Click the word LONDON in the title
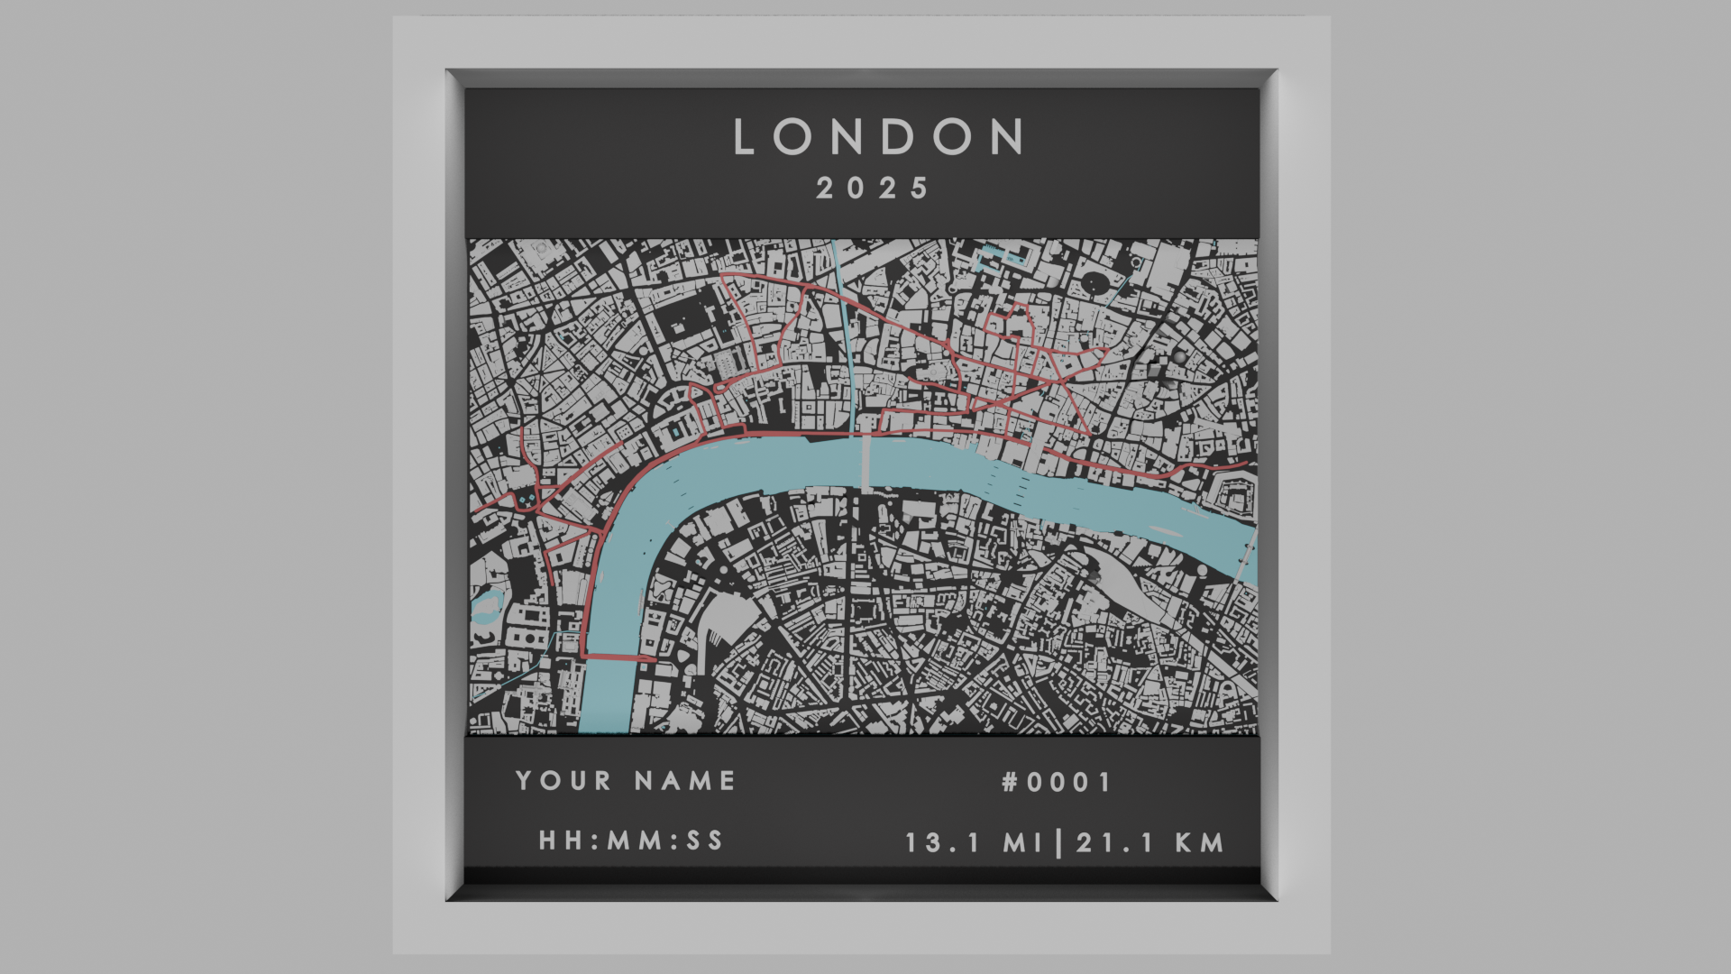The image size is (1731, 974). pyautogui.click(x=879, y=137)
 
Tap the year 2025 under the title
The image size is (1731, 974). pyautogui.click(x=872, y=188)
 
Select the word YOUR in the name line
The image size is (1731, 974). pyautogui.click(x=563, y=781)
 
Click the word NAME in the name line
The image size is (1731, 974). pyautogui.click(x=685, y=781)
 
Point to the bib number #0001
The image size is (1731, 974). pyautogui.click(x=1057, y=782)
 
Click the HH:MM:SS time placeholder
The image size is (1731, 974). pyautogui.click(x=631, y=841)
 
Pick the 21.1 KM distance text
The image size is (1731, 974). pyautogui.click(x=1150, y=843)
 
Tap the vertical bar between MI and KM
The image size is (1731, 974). pyautogui.click(x=1058, y=843)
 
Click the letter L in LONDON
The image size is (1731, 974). pyautogui.click(x=744, y=137)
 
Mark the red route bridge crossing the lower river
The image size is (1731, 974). pyautogui.click(x=620, y=657)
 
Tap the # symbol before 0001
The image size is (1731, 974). pyautogui.click(x=1010, y=782)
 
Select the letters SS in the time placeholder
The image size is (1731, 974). pyautogui.click(x=705, y=841)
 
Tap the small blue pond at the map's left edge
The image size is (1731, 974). pyautogui.click(x=487, y=606)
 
